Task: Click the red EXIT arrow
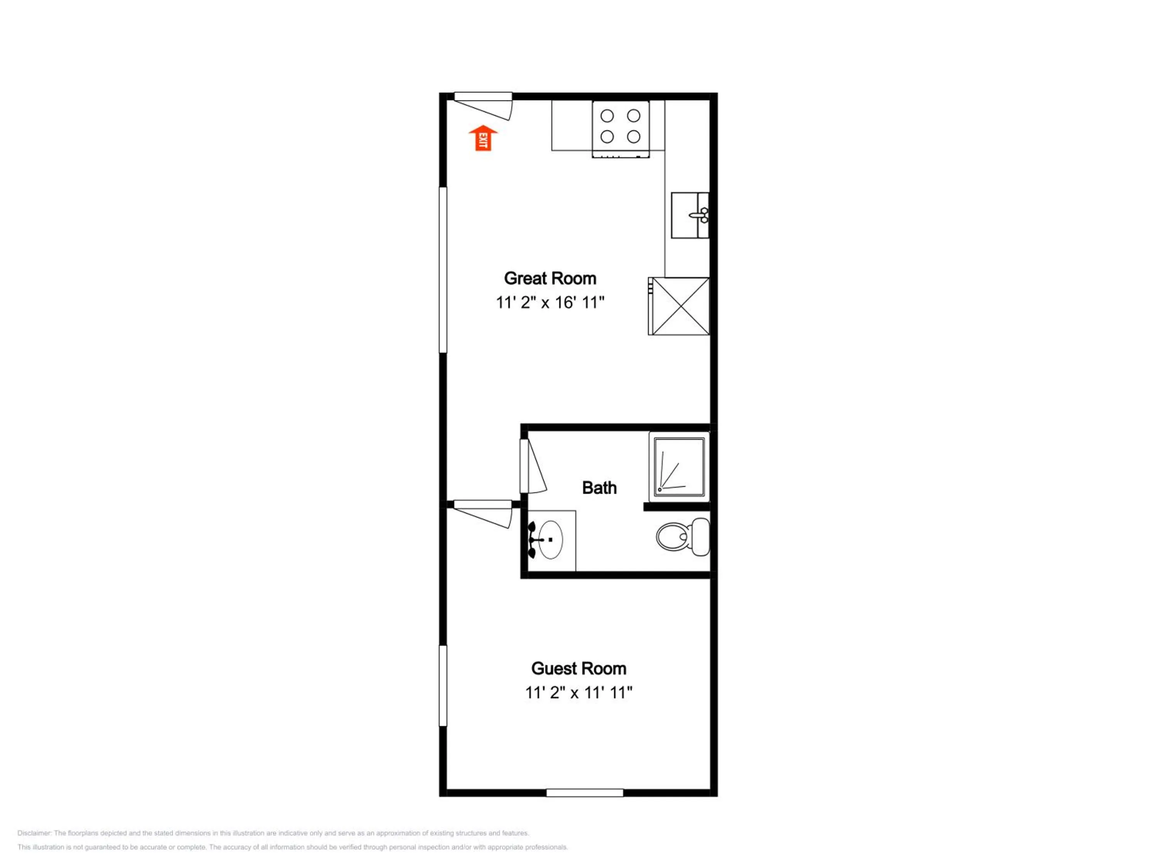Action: pos(483,138)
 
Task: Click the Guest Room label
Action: pos(578,669)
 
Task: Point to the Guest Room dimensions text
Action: pos(578,693)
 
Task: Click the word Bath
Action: pos(599,488)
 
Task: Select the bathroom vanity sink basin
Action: pos(550,539)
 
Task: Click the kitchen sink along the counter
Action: pos(690,215)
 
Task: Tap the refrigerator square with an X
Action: pos(679,306)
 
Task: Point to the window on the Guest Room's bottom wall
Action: pos(585,793)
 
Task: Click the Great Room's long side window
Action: pos(443,270)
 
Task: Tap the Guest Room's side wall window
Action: pos(443,686)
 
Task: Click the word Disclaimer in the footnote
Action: pos(34,833)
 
